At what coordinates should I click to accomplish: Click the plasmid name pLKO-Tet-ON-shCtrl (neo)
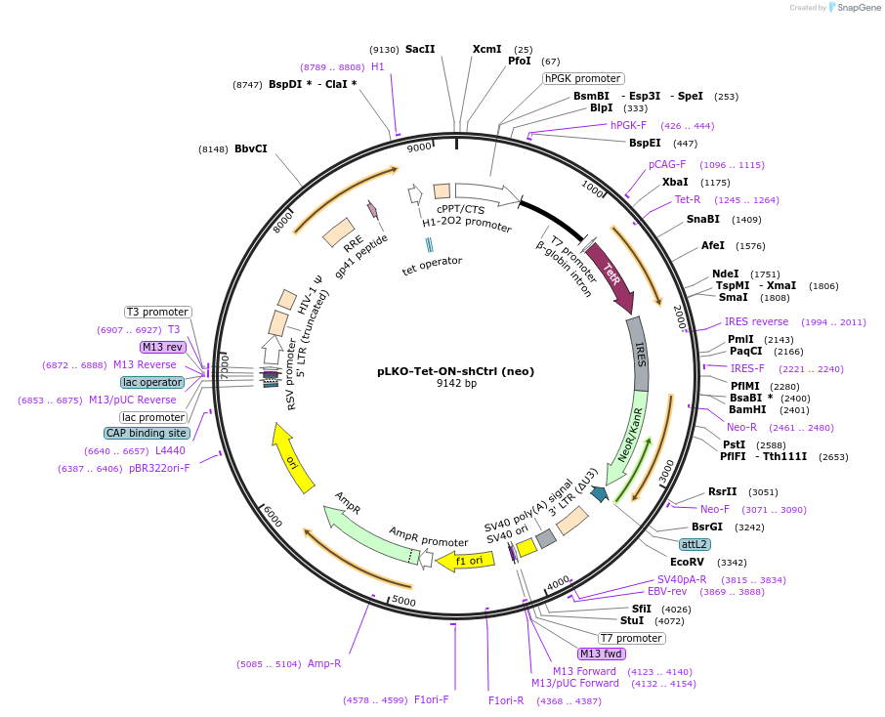coord(456,371)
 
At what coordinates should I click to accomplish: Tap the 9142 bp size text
coord(456,384)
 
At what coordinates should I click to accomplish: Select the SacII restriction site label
coord(420,49)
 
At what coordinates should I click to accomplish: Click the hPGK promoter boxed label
coord(583,78)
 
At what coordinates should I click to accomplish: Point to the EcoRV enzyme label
coord(687,562)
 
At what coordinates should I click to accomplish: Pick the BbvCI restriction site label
coord(250,148)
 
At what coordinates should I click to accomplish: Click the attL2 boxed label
coord(695,544)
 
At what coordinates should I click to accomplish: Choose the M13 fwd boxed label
coord(601,654)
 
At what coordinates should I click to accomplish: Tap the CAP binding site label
coord(147,433)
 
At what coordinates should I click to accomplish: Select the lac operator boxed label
coord(152,382)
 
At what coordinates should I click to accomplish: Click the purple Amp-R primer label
coord(324,664)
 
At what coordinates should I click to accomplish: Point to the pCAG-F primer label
coord(667,164)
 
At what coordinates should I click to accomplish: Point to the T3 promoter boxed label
coord(157,312)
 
